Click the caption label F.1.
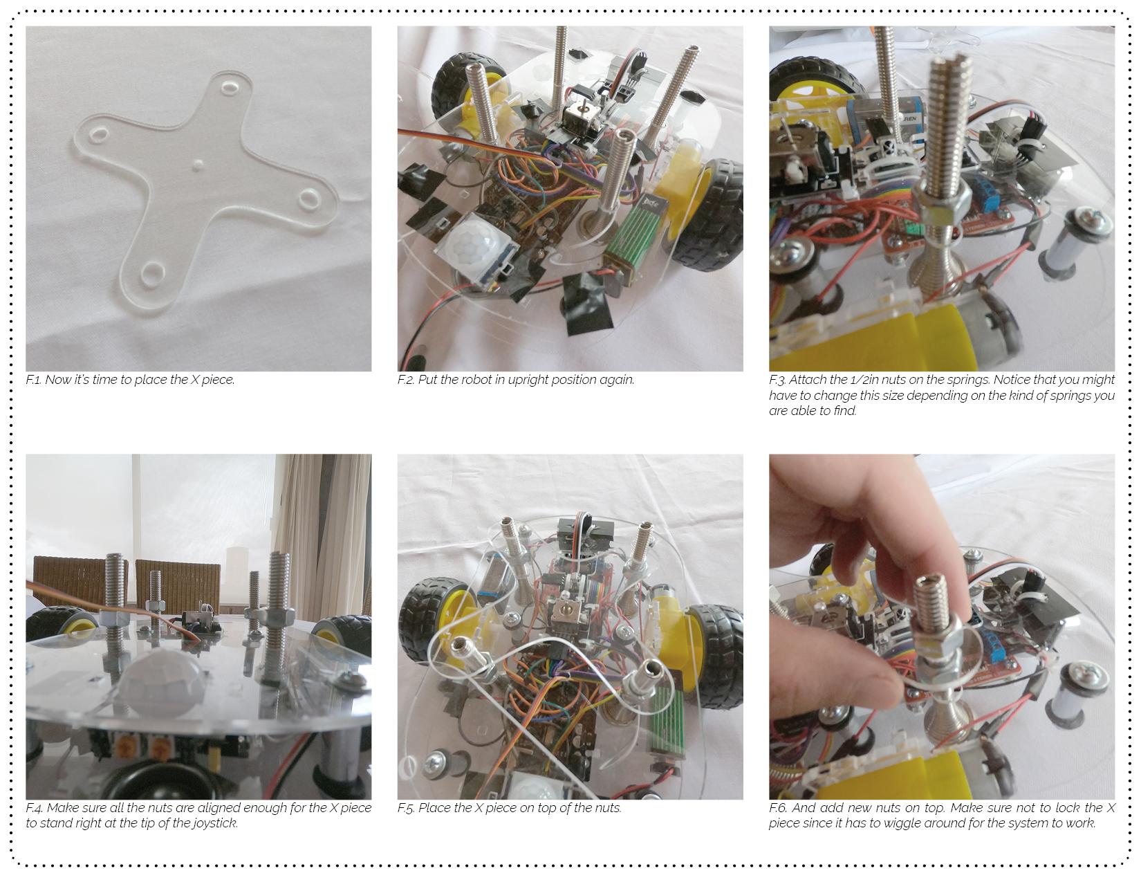coord(33,380)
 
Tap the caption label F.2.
coord(406,380)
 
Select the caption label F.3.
coord(778,380)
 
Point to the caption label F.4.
coord(34,808)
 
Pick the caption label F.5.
coord(406,808)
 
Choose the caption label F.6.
coord(778,808)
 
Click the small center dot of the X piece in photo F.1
coord(197,166)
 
